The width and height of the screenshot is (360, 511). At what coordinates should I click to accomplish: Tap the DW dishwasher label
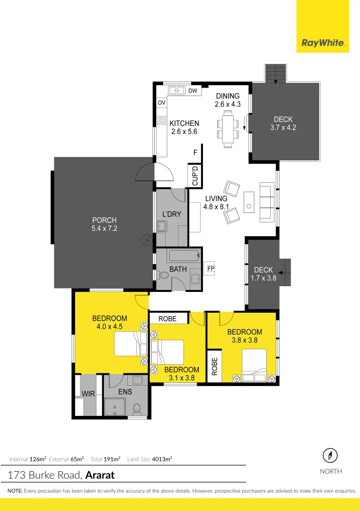(193, 90)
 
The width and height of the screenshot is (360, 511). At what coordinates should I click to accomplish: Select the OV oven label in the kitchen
(161, 102)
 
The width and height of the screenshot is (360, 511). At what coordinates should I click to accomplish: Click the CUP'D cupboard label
(194, 175)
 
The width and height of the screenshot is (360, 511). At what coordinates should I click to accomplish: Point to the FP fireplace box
(211, 268)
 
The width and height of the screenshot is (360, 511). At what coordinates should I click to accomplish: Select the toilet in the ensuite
(137, 407)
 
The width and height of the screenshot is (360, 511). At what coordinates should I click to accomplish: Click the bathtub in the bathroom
(183, 256)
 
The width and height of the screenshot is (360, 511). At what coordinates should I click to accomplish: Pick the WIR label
(88, 394)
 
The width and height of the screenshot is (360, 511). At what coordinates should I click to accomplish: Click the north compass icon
(330, 456)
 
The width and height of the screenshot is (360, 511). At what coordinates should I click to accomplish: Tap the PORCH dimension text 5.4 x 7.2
(104, 229)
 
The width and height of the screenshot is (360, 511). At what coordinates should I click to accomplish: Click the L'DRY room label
(172, 214)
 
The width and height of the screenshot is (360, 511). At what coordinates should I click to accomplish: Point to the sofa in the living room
(266, 203)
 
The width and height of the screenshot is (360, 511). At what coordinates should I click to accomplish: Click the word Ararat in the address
(100, 475)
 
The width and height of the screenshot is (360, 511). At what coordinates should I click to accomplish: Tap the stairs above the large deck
(275, 73)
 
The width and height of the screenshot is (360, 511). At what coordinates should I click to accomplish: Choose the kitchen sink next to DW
(177, 90)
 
